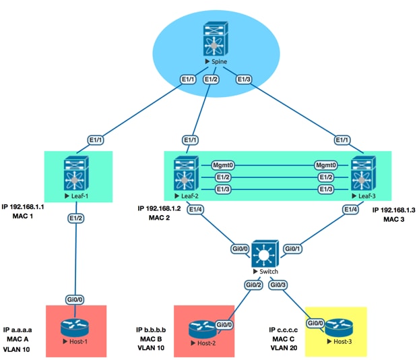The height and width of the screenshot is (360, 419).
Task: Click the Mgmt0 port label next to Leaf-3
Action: pos(326,164)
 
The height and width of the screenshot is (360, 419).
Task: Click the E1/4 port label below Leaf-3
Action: pos(350,210)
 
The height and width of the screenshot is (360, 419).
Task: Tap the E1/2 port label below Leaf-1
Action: pos(76,219)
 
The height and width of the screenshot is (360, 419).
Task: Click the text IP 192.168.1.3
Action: pos(393,210)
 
